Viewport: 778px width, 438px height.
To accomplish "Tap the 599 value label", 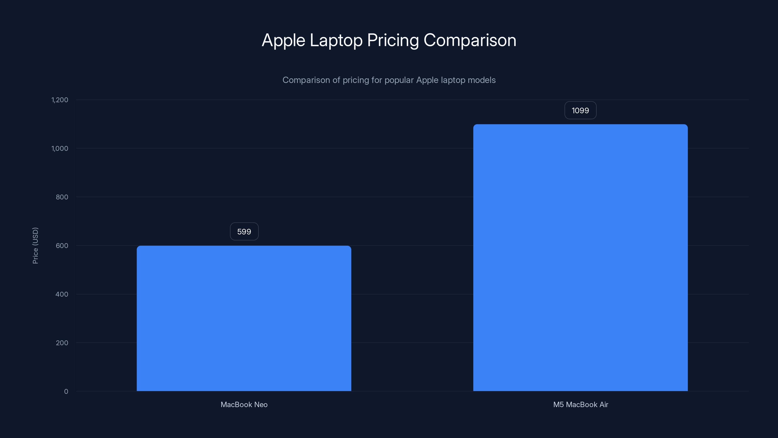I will click(x=244, y=232).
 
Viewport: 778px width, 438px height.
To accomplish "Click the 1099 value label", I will click(x=580, y=110).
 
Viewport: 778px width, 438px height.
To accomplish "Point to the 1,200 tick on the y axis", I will click(x=60, y=100).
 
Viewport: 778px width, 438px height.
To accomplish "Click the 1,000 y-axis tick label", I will click(x=60, y=148).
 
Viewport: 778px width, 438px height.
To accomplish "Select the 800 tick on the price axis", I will click(x=62, y=197).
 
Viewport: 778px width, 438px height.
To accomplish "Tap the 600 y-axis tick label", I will click(x=62, y=246).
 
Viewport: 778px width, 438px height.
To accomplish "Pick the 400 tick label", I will click(x=62, y=294).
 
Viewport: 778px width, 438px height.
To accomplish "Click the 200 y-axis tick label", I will click(x=62, y=343).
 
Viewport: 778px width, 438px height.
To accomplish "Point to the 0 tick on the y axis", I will click(x=66, y=392).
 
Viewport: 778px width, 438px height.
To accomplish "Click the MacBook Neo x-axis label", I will click(x=244, y=404).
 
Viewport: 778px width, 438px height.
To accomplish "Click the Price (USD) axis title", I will click(x=35, y=246).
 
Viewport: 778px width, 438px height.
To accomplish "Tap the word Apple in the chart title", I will click(x=283, y=40).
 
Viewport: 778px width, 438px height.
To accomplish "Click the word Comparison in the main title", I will click(x=470, y=40).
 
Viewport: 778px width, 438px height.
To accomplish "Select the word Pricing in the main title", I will click(x=393, y=40).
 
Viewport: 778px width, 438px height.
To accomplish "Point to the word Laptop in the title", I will click(x=336, y=40).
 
